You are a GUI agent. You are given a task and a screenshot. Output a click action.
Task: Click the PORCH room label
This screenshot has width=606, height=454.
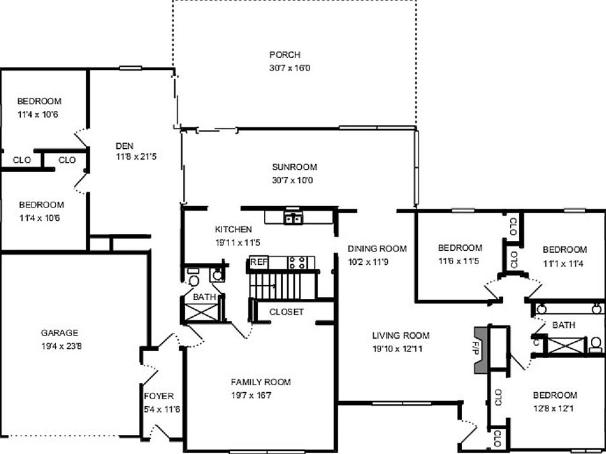click(x=285, y=55)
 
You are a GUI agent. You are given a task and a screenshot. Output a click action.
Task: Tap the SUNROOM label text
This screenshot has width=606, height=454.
click(x=294, y=167)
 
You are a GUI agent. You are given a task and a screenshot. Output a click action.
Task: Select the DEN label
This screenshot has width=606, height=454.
click(x=124, y=146)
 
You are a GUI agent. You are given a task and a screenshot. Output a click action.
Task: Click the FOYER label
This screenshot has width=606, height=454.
click(x=158, y=397)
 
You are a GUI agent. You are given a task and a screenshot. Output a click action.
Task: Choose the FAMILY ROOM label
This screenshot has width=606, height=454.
click(x=260, y=382)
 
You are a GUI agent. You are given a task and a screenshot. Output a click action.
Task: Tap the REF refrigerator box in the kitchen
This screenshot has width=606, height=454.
click(x=258, y=262)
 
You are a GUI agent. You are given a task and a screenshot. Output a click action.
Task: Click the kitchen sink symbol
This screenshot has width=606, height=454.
click(x=292, y=219)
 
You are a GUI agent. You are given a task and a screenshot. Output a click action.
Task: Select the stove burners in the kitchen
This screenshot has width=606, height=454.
click(x=297, y=262)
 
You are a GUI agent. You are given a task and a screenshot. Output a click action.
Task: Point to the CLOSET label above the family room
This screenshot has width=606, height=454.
click(x=286, y=312)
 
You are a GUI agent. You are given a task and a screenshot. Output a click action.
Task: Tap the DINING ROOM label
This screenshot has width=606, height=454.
click(x=377, y=248)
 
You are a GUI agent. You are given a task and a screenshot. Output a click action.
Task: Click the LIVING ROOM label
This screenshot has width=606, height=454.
click(x=400, y=335)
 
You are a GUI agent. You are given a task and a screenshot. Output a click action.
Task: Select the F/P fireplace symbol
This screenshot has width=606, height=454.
click(x=482, y=348)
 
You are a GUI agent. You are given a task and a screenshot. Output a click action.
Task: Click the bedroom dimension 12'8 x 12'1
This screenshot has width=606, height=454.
click(x=554, y=408)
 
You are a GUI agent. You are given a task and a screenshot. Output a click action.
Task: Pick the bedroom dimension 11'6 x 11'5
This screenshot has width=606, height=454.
click(x=460, y=260)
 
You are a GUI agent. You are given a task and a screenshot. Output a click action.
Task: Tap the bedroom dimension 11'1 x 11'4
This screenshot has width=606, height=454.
click(x=564, y=262)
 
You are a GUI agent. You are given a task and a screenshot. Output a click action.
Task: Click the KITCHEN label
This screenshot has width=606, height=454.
click(x=233, y=230)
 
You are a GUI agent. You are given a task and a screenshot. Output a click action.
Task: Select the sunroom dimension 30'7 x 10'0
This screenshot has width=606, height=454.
click(x=292, y=180)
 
